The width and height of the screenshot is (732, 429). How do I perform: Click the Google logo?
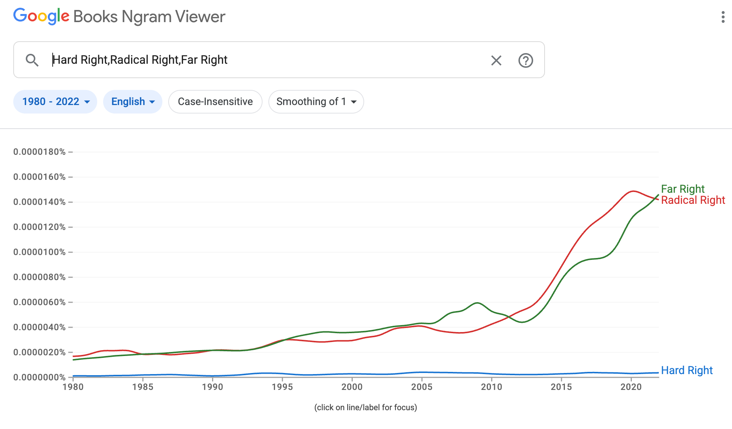click(41, 17)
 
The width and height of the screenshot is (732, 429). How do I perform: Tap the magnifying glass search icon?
click(32, 60)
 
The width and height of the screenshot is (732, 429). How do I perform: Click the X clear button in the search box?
click(496, 60)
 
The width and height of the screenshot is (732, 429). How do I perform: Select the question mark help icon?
click(525, 60)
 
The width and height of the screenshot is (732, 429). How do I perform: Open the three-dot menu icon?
click(723, 17)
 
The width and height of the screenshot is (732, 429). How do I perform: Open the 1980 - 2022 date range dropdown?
click(55, 102)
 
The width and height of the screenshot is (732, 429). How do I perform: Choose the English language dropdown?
click(133, 102)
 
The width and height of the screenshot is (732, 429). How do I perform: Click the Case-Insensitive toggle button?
click(215, 102)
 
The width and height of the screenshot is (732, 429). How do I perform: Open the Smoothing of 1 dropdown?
click(316, 102)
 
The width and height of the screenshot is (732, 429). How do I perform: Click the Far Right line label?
click(683, 189)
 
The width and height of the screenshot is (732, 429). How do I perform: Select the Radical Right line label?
click(693, 200)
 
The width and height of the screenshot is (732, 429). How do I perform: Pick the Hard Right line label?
click(687, 370)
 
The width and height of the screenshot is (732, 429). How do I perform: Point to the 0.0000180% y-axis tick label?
click(39, 152)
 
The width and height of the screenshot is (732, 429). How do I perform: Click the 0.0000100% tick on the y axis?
click(39, 252)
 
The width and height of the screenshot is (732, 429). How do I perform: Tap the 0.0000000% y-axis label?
click(39, 377)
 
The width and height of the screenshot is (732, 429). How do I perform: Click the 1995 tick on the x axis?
click(282, 387)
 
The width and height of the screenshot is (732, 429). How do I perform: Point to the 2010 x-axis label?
click(492, 387)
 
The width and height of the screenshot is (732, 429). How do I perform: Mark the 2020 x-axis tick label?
click(631, 387)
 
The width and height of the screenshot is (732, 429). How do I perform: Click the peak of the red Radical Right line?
click(633, 191)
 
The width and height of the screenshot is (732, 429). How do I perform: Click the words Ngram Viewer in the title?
click(173, 17)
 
